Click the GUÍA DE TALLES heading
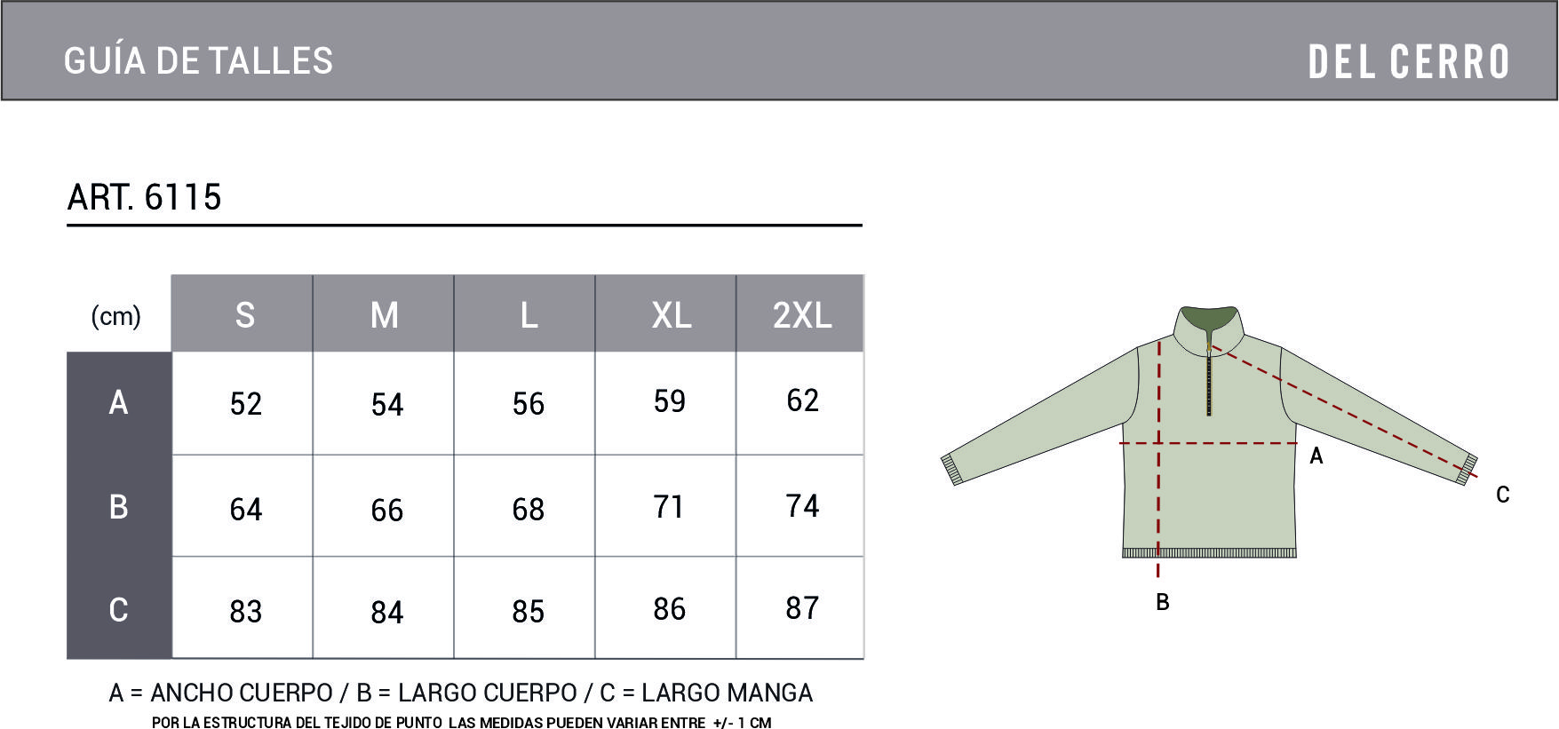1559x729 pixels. click(198, 60)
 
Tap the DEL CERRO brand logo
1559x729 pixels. click(1409, 62)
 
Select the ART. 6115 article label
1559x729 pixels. click(144, 196)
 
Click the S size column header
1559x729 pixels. click(244, 315)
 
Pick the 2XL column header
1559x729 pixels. click(801, 315)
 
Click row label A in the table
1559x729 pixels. click(118, 402)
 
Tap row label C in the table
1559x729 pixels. click(118, 609)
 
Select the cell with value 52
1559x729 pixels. click(245, 404)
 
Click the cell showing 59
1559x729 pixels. click(669, 401)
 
